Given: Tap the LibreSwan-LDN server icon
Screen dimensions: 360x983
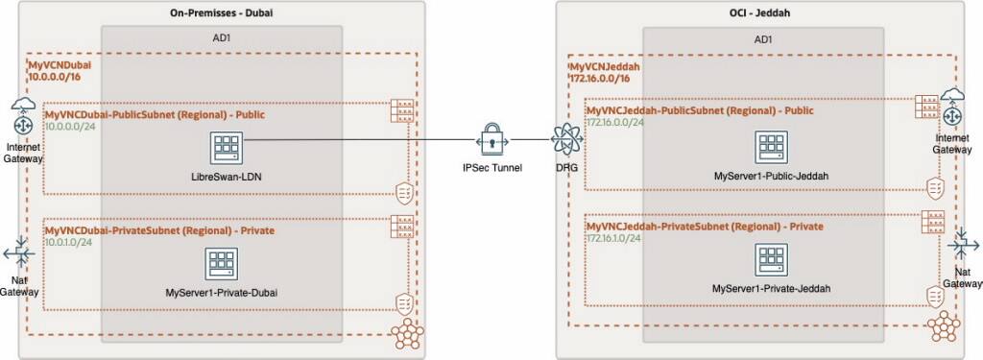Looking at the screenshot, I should tap(227, 148).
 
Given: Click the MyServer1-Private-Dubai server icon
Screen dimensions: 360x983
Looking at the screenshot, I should tap(227, 261).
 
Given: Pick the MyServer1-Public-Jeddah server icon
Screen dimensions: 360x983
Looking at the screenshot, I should tap(771, 148).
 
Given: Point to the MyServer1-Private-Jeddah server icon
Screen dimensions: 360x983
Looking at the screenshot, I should tap(771, 258).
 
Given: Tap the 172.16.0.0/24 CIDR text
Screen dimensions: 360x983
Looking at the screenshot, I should tap(614, 123).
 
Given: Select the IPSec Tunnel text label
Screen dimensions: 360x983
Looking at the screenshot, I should tap(491, 168).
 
